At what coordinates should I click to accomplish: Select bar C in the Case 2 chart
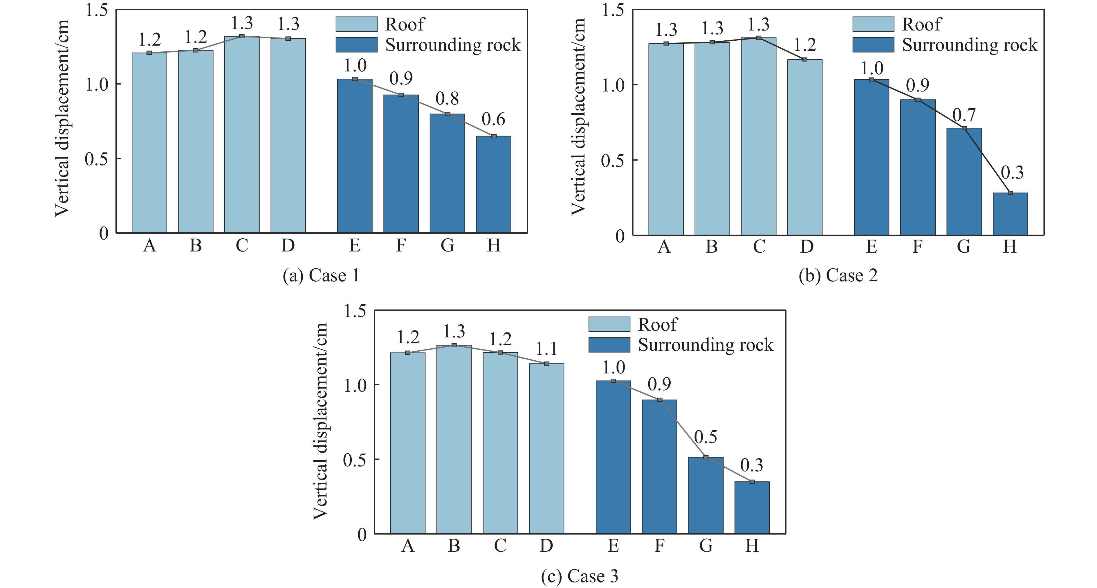[758, 136]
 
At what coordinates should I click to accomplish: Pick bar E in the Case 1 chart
[355, 156]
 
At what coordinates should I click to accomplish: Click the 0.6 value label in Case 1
[494, 120]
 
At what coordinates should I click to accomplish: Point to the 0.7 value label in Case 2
[964, 116]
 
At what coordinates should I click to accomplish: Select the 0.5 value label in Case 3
[706, 437]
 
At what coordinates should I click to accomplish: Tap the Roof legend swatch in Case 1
[356, 24]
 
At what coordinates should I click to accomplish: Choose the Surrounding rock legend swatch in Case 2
[873, 45]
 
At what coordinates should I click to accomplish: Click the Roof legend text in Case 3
[657, 325]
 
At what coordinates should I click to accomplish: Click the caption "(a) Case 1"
[321, 276]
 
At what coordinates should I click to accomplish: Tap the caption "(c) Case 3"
[579, 576]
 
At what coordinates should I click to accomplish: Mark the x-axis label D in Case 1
[288, 246]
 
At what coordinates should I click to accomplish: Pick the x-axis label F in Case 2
[917, 247]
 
